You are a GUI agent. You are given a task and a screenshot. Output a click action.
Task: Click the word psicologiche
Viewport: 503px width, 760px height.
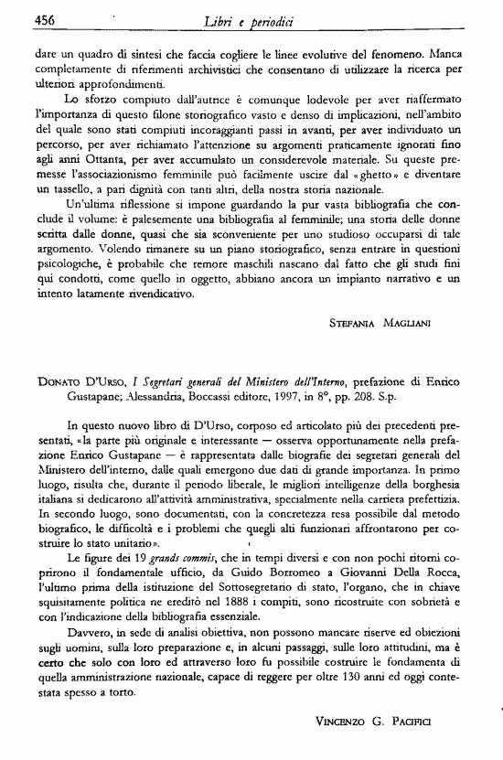click(76, 263)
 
